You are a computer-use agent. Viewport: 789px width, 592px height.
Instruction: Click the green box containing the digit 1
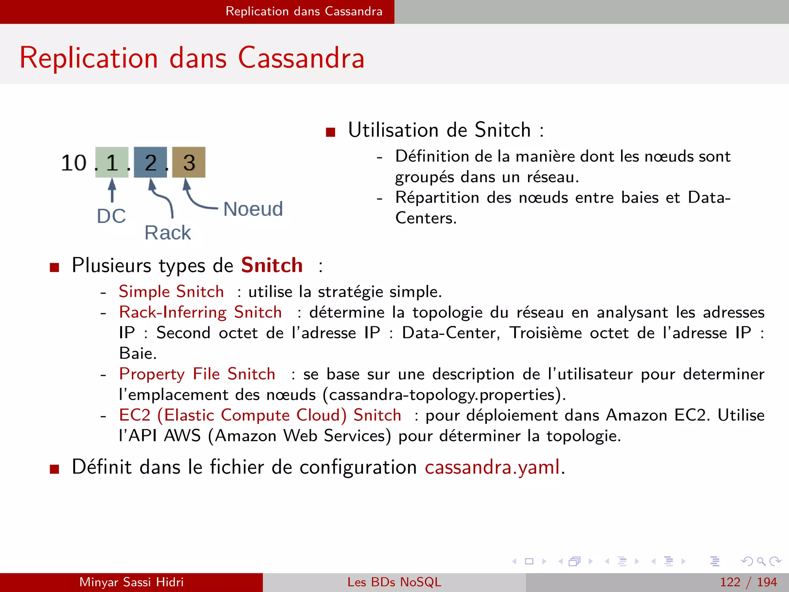[112, 162]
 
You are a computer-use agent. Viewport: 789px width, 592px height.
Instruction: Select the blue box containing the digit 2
[150, 162]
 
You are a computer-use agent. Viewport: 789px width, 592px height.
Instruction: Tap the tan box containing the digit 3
[189, 162]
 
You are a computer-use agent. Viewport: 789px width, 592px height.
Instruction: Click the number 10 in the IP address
[74, 163]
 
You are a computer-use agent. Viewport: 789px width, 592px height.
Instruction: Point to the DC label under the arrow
[111, 216]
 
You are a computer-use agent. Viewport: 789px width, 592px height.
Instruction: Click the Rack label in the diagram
[168, 233]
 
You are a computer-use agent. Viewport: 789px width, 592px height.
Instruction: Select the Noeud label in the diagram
[253, 209]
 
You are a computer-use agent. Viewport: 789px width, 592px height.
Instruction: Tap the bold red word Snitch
[272, 265]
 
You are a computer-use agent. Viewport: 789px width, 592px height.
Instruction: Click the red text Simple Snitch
[171, 291]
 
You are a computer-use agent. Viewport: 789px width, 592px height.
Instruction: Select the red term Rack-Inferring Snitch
[200, 312]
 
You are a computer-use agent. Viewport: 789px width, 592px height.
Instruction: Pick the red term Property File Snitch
[197, 374]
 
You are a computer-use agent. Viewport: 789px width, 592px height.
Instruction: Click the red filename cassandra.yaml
[492, 467]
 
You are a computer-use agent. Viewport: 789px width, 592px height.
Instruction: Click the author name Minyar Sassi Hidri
[131, 582]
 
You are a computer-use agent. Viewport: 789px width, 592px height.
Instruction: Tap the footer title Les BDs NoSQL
[394, 582]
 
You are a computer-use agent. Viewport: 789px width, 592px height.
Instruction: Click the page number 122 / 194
[748, 582]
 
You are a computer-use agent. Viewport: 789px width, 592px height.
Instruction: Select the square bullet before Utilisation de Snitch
[331, 132]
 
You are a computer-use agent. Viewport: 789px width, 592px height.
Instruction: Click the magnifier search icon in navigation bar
[761, 561]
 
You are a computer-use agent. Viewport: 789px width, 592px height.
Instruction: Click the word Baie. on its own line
[138, 353]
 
